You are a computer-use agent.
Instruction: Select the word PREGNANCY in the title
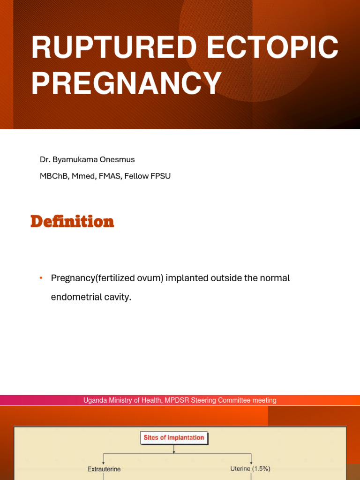tap(127, 85)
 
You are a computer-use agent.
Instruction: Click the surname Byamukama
tap(76, 160)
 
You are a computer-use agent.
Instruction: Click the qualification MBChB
tap(54, 176)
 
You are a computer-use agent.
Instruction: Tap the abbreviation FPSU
tap(160, 176)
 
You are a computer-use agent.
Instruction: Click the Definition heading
tap(72, 221)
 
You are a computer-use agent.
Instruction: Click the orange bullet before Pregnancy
tap(41, 278)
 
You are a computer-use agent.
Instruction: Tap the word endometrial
tap(77, 297)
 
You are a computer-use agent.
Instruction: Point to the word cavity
tap(118, 297)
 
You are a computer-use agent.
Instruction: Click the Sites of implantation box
tap(174, 438)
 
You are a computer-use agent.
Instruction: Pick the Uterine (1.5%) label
tap(250, 469)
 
